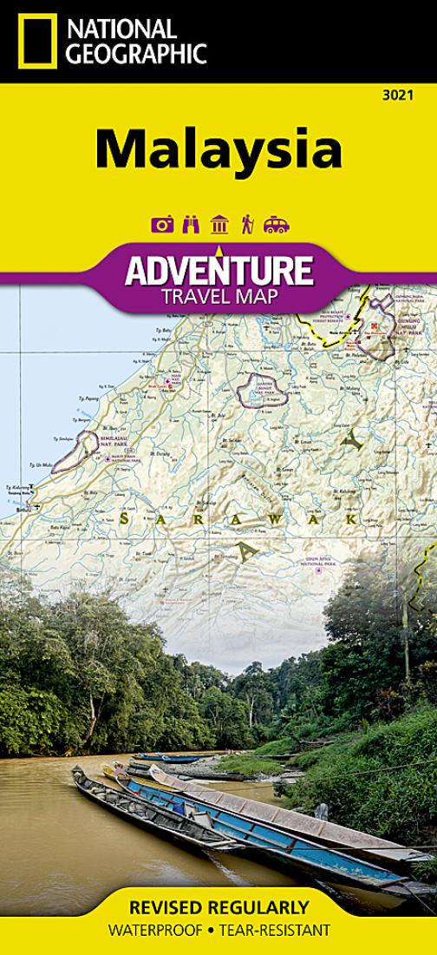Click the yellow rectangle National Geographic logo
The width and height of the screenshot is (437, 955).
click(37, 41)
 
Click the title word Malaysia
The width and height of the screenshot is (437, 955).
click(218, 148)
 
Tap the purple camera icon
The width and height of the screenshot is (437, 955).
click(162, 225)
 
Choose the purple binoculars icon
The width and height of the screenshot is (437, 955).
click(191, 225)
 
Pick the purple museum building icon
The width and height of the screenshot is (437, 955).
click(219, 225)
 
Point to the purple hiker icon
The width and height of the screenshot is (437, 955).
click(247, 225)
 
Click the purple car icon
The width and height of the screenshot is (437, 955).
click(276, 225)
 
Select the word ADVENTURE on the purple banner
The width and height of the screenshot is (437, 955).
click(218, 270)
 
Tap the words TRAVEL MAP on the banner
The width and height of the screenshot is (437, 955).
click(218, 296)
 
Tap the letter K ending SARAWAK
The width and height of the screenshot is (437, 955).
click(352, 518)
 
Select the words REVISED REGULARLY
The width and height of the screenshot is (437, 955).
click(218, 908)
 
